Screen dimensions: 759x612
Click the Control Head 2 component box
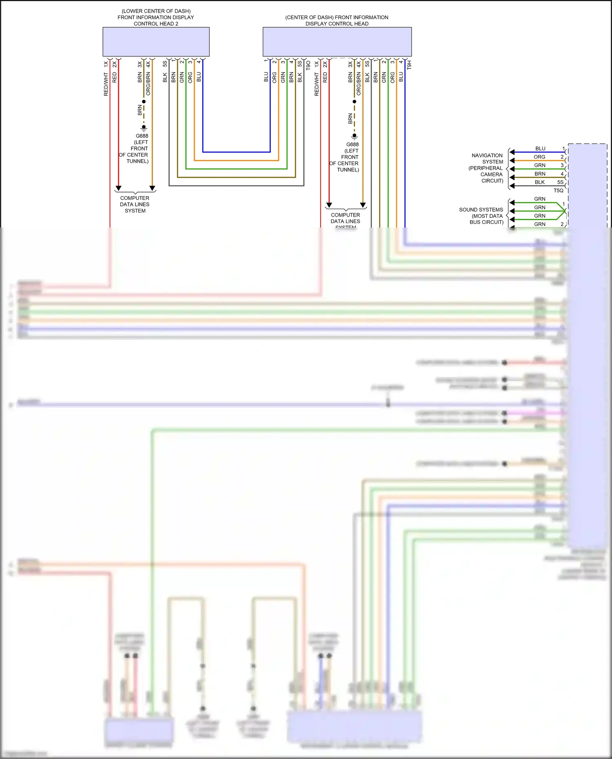(x=156, y=42)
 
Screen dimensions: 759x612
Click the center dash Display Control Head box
(x=337, y=42)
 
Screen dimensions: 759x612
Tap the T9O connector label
(x=308, y=65)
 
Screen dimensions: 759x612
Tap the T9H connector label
(x=409, y=64)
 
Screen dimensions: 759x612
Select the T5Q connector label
(x=558, y=190)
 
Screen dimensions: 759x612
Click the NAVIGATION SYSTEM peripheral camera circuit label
(x=487, y=168)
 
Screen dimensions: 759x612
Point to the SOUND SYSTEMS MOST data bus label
(x=481, y=216)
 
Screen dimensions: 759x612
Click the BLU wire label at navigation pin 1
(x=540, y=148)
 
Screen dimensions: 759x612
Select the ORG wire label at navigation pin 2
(x=539, y=157)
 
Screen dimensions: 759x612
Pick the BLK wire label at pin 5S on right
(x=539, y=182)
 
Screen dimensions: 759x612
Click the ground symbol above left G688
(x=144, y=128)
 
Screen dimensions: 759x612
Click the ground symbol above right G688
(x=354, y=136)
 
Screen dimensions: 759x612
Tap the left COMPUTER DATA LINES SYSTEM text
(x=135, y=204)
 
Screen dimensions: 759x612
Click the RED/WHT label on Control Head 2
(x=106, y=84)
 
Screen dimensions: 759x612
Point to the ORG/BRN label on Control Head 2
(x=148, y=84)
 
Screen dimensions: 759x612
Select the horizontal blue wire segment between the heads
(x=236, y=152)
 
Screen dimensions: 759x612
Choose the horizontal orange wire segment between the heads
(x=236, y=160)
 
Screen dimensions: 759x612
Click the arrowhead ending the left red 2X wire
(x=118, y=188)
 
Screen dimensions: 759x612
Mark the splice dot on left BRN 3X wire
(x=144, y=102)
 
